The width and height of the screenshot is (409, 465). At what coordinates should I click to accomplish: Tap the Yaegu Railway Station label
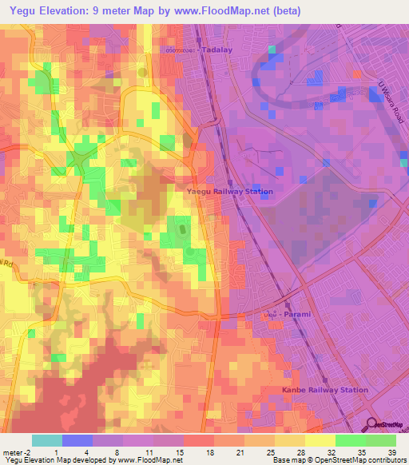click(x=229, y=192)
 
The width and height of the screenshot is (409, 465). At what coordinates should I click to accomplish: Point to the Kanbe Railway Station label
click(x=324, y=390)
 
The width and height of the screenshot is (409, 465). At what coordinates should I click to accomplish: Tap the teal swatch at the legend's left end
click(x=47, y=440)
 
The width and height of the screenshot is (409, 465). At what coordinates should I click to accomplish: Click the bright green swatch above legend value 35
click(x=350, y=440)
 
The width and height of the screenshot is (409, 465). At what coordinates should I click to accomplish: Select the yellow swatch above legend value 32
click(x=320, y=440)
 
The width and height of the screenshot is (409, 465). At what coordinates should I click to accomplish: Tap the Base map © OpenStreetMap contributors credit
click(x=338, y=460)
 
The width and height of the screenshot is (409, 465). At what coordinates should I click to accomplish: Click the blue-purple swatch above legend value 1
click(x=77, y=440)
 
